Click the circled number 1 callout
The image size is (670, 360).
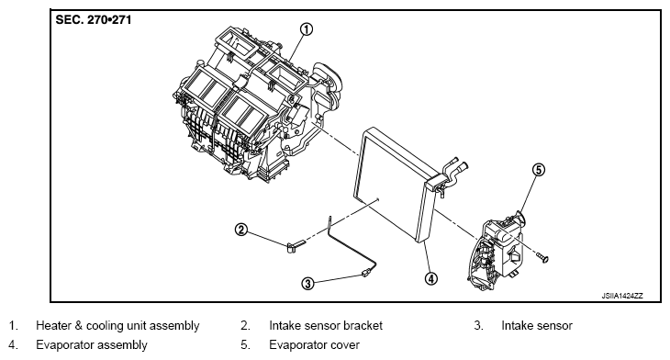pyautogui.click(x=306, y=29)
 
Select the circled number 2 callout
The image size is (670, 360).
pyautogui.click(x=241, y=230)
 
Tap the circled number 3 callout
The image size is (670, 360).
pyautogui.click(x=307, y=283)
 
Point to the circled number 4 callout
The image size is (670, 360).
pyautogui.click(x=431, y=279)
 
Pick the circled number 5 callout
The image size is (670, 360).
pyautogui.click(x=539, y=170)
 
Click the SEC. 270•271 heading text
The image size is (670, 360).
pyautogui.click(x=94, y=20)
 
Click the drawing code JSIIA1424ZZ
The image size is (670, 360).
pyautogui.click(x=622, y=296)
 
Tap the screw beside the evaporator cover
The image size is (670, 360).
pyautogui.click(x=542, y=257)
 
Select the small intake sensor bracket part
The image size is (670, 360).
pyautogui.click(x=296, y=245)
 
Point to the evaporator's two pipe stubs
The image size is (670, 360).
pyautogui.click(x=455, y=167)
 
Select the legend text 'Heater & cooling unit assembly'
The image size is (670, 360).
pyautogui.click(x=117, y=326)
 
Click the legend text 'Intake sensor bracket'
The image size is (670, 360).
pyautogui.click(x=326, y=326)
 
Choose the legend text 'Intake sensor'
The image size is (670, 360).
pyautogui.click(x=537, y=326)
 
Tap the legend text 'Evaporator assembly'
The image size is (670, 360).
pyautogui.click(x=92, y=345)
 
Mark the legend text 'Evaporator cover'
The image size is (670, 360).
pyautogui.click(x=314, y=345)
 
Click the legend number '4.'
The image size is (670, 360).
pyautogui.click(x=13, y=345)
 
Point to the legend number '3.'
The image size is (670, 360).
pyautogui.click(x=478, y=326)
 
